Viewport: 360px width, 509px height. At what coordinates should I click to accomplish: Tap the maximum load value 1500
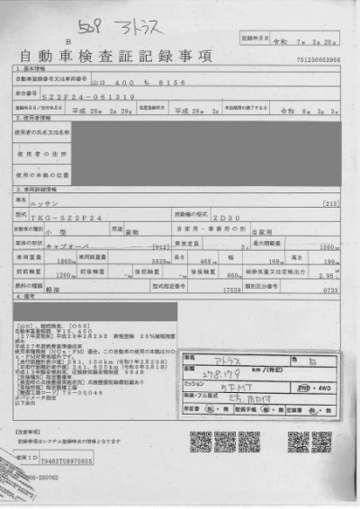[329, 245]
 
